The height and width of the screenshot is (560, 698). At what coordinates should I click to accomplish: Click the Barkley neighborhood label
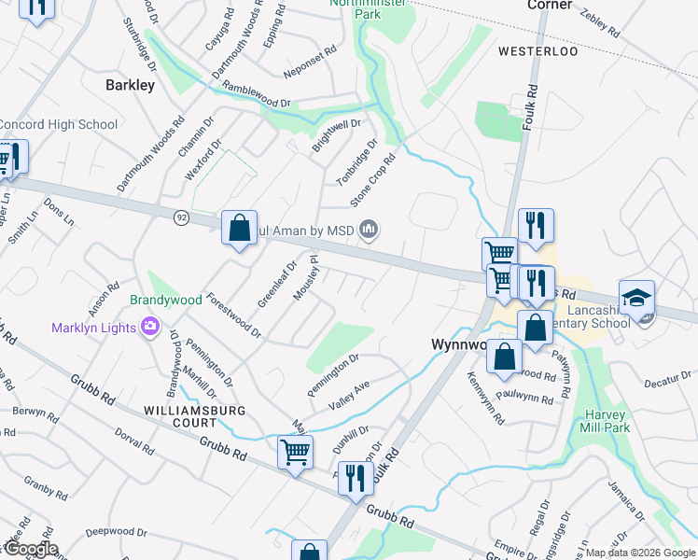130,85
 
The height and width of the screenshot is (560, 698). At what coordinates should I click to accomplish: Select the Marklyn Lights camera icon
149,326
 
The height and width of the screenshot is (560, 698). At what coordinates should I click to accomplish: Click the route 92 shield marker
181,217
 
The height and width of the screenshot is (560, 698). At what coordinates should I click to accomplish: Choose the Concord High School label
58,124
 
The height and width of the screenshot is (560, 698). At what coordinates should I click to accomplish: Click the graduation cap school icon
636,299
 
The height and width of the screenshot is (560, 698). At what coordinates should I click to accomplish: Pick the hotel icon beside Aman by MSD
369,229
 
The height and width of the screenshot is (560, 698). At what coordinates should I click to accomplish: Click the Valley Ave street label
350,394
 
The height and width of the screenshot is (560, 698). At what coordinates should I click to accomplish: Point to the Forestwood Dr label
233,315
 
